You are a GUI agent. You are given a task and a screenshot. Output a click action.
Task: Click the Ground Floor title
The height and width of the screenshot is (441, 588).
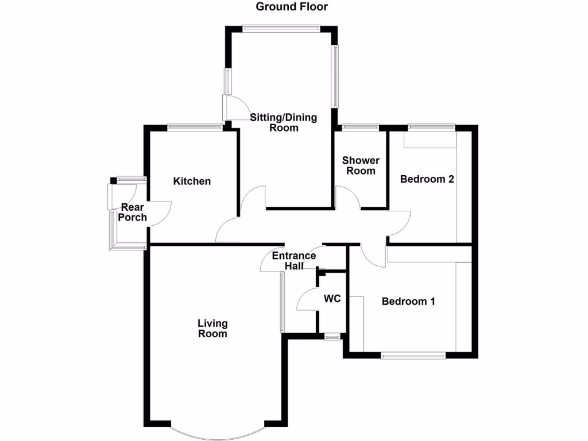(x=292, y=7)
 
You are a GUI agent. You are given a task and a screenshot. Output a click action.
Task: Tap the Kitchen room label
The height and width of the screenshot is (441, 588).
(x=192, y=181)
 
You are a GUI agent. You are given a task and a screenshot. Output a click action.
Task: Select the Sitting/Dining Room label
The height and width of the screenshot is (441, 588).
(x=283, y=122)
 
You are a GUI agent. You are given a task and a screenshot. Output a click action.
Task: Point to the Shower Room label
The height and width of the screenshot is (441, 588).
(x=361, y=165)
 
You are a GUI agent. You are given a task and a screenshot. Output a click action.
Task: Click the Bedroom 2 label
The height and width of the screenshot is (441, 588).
(x=427, y=179)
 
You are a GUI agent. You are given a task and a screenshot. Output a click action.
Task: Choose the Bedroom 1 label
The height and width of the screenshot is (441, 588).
(x=408, y=301)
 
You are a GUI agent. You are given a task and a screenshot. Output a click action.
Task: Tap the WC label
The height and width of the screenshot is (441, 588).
(x=332, y=299)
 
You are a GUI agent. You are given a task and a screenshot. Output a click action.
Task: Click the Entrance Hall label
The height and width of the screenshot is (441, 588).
(x=293, y=261)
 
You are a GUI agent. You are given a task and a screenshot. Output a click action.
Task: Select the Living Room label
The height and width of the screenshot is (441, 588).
(x=212, y=328)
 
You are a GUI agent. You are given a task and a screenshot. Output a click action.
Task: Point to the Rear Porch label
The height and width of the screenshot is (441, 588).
(x=133, y=212)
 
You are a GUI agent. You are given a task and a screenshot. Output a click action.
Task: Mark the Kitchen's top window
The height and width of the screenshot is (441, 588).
(x=195, y=127)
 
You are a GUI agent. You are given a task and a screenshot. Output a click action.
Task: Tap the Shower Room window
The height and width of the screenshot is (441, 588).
(x=361, y=127)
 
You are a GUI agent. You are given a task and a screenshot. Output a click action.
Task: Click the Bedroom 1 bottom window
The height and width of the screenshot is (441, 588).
(x=413, y=355)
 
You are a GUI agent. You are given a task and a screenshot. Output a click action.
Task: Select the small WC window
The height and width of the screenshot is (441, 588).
(x=332, y=337)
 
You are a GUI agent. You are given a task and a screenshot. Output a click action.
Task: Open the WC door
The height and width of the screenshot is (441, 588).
(x=307, y=299)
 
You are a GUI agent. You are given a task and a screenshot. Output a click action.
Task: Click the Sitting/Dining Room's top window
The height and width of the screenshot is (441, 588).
(x=281, y=27)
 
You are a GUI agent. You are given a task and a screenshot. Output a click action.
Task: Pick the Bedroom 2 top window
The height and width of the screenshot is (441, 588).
(x=431, y=127)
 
